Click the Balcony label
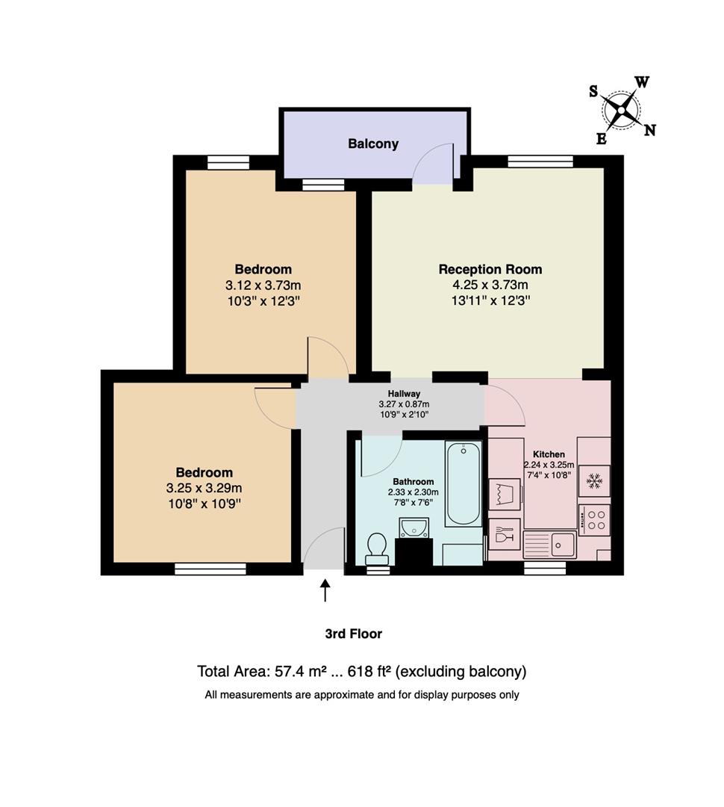coord(373,143)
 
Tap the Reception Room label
coord(490,269)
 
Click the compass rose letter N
coord(650,130)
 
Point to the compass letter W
coord(642,82)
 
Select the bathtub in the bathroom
coord(463,483)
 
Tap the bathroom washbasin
coord(414,528)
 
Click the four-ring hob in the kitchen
coord(596,519)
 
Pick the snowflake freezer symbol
coord(595,481)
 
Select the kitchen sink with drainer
coord(549,545)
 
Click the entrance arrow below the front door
coord(325,590)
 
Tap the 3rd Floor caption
coord(354,634)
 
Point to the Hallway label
coord(404,394)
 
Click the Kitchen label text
coord(549,454)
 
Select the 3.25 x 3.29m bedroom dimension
coord(205,488)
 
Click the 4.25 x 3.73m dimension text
coord(490,285)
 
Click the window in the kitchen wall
coord(545,568)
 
